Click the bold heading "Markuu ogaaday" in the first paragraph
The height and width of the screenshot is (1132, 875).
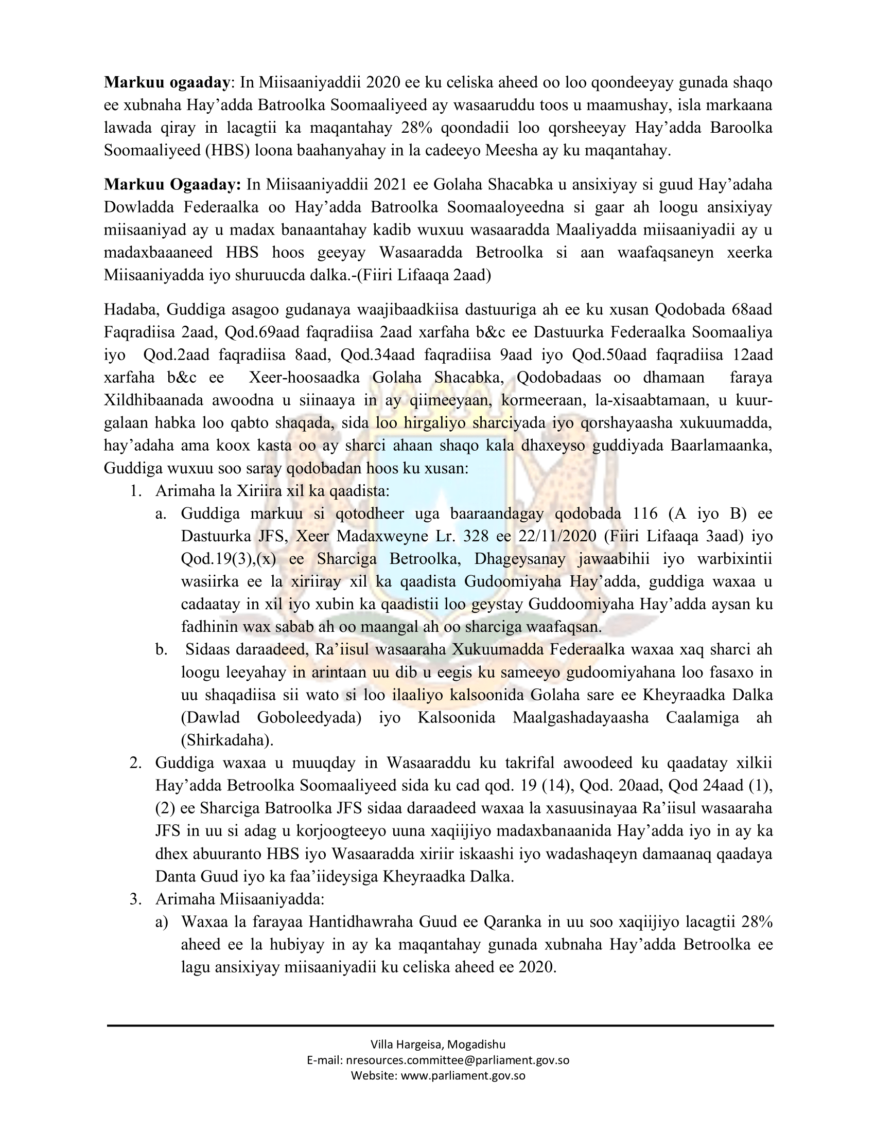(167, 82)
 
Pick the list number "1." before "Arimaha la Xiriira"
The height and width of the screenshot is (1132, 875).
(136, 491)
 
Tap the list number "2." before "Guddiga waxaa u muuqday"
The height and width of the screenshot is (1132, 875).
(136, 764)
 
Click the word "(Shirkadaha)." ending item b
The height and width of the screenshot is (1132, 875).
(227, 740)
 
